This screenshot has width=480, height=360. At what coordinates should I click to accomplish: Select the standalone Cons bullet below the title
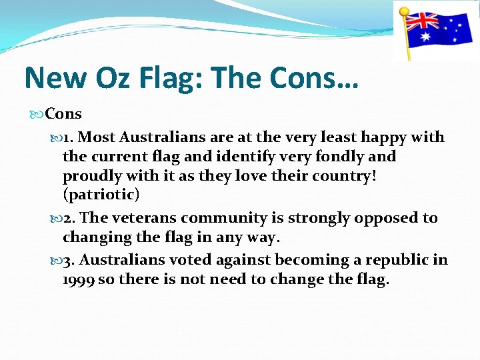pos(63,114)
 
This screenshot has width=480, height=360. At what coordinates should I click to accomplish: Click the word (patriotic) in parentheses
pos(101,195)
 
